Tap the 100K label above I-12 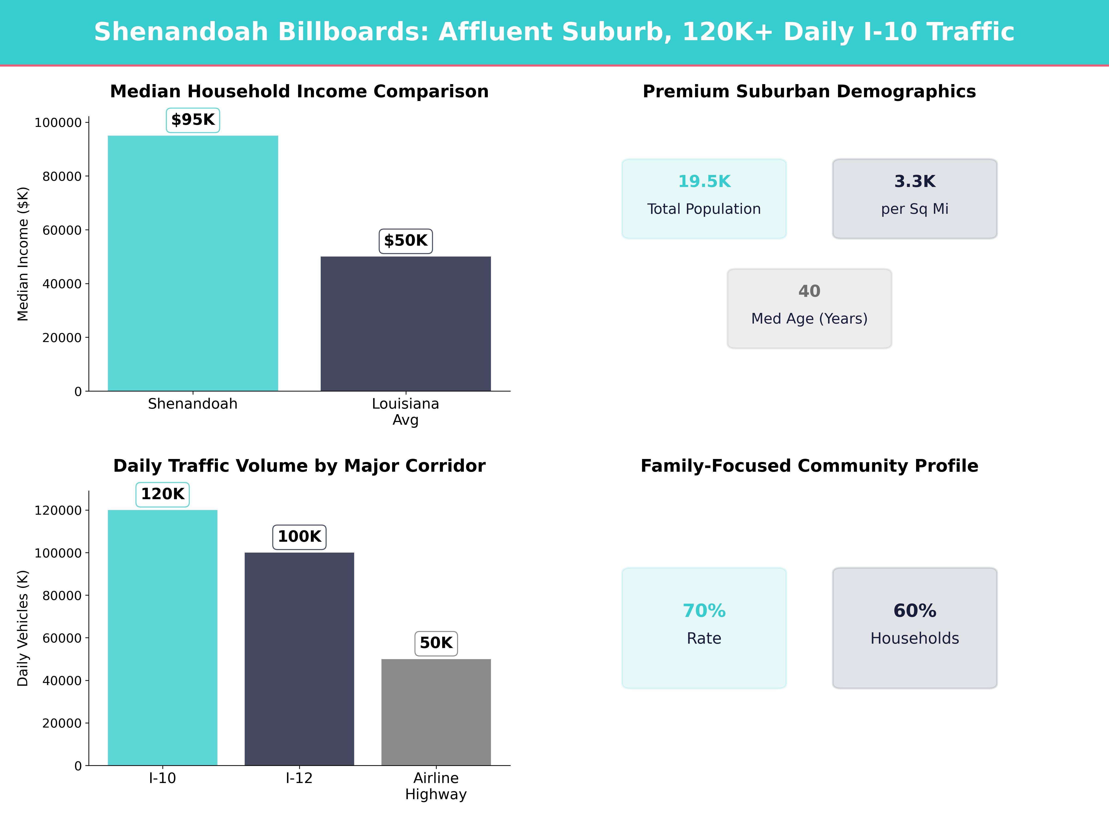click(x=299, y=537)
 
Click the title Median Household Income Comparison click(x=299, y=92)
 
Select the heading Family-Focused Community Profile click(x=809, y=466)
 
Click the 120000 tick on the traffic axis click(x=58, y=511)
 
